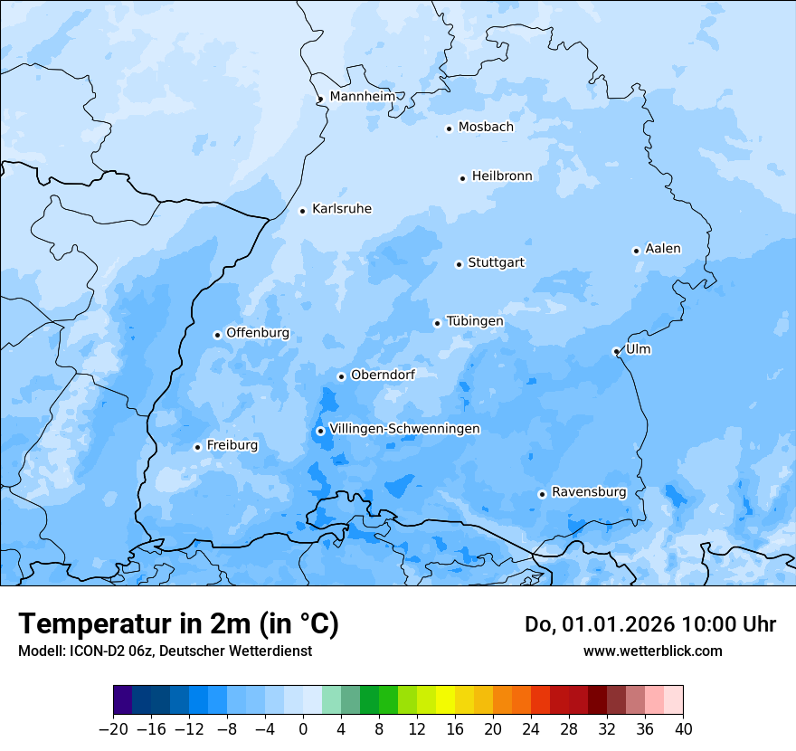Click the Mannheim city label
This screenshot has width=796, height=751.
pos(362,97)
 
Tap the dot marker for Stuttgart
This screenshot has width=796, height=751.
pos(459,264)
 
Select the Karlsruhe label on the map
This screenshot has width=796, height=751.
pos(341,209)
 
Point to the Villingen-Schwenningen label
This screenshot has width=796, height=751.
pos(404,429)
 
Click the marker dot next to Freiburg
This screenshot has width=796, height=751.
pos(197,447)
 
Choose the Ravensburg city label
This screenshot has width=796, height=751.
pos(589,492)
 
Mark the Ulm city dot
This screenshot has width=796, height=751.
pos(616,351)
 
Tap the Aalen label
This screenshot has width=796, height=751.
pos(663,249)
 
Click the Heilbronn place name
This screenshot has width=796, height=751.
pos(502,176)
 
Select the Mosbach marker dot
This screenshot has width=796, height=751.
pos(449,128)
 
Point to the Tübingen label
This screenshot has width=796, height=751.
pos(475,321)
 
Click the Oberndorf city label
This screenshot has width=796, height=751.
pos(383,375)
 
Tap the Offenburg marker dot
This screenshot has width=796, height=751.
pos(217,335)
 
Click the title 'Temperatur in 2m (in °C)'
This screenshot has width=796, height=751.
pos(178,623)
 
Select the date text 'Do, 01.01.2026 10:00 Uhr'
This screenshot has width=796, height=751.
pos(649,624)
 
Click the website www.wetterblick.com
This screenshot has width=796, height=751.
pos(652,651)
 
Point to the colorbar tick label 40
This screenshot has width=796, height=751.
pos(683,729)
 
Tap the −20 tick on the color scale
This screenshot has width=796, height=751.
pos(113,729)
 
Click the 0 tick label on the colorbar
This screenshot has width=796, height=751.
pos(303,729)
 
